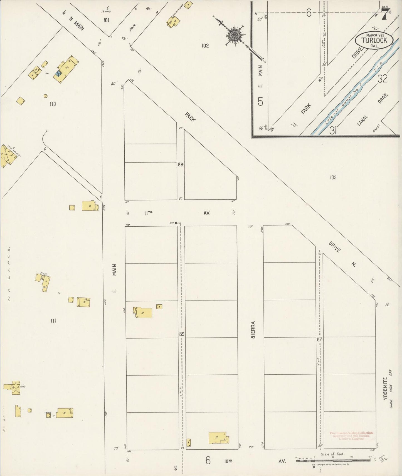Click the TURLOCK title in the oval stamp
pos(374,40)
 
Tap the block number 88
pos(181,164)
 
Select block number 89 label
pos(181,334)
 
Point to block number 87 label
pos(319,339)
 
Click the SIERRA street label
pos(253,330)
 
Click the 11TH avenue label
pos(148,213)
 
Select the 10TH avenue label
pos(228,461)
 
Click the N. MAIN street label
pos(77,24)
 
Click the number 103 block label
pos(333,177)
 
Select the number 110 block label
pos(53,104)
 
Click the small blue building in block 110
pos(58,74)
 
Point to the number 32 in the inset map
pos(383,79)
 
